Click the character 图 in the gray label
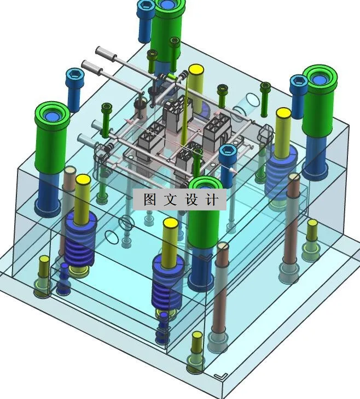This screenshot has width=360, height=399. click(x=150, y=199)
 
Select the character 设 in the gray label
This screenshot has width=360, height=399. click(x=191, y=199)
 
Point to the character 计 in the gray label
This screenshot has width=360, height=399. click(x=212, y=199)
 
